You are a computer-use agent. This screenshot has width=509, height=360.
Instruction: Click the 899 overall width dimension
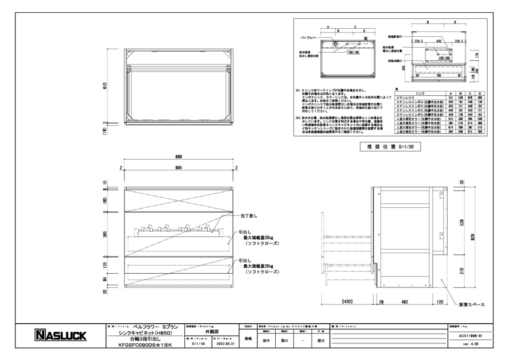pyautogui.click(x=179, y=156)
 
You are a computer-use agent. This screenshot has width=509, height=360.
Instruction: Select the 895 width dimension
pyautogui.click(x=179, y=168)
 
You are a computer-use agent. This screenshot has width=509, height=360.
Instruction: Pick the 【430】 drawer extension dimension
pyautogui.click(x=348, y=300)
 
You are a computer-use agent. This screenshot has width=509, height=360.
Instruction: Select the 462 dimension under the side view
pyautogui.click(x=404, y=300)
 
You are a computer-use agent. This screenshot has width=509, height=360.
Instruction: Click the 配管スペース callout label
pyautogui.click(x=472, y=304)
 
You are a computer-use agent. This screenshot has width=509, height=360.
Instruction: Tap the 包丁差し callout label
pyautogui.click(x=248, y=216)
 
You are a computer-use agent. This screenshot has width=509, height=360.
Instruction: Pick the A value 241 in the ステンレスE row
pyautogui.click(x=451, y=97)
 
